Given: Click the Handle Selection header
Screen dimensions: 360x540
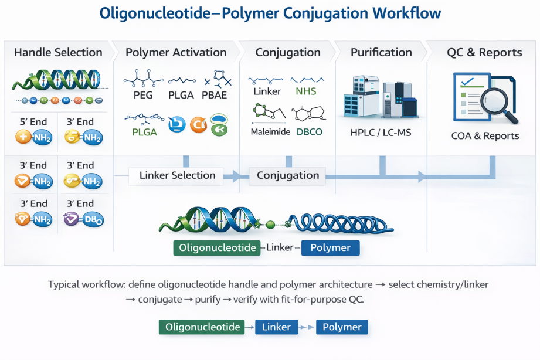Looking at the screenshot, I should [x=58, y=53].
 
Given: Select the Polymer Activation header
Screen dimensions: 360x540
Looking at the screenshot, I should [x=176, y=53].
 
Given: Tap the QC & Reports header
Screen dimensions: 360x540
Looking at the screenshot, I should [x=484, y=53].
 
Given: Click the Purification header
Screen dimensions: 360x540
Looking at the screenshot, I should [x=381, y=53].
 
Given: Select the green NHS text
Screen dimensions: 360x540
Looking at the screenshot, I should [x=305, y=91].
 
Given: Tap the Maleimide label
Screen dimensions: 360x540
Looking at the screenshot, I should [x=270, y=132].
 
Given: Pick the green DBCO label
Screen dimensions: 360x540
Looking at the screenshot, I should [x=309, y=132].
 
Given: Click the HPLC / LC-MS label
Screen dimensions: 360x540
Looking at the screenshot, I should [x=381, y=133].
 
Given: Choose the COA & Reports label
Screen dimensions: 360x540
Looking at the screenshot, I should [x=485, y=136].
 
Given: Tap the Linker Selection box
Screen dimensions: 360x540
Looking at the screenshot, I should [x=177, y=175].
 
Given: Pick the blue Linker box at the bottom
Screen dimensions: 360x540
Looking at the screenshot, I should [x=276, y=327].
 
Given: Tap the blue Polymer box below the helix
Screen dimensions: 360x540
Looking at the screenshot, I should [x=330, y=248].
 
